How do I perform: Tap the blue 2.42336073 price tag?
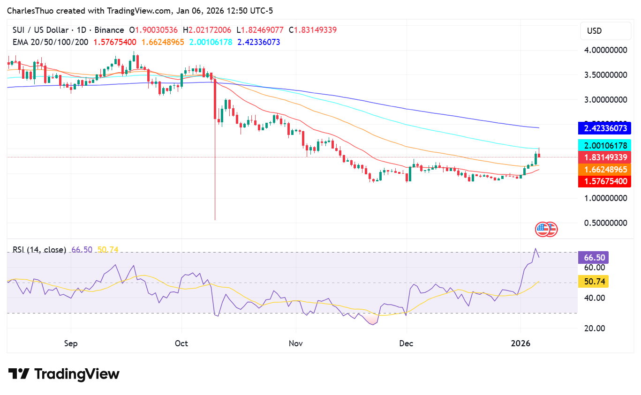[x=604, y=128]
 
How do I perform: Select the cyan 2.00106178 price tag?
[x=604, y=146]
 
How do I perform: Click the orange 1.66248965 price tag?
[x=604, y=169]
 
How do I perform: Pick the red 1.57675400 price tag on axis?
[x=604, y=181]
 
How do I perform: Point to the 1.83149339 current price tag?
[x=604, y=157]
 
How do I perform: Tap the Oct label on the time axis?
[x=181, y=343]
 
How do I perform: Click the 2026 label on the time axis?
[x=520, y=343]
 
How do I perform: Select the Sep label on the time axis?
[x=71, y=343]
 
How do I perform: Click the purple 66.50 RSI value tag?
[x=594, y=257]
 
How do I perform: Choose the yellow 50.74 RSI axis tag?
[x=594, y=282]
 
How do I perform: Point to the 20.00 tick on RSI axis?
[x=594, y=328]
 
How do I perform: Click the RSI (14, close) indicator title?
[x=39, y=250]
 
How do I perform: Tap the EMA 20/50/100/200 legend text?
[x=51, y=42]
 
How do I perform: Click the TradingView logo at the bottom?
[x=64, y=374]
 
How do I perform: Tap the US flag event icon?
[x=543, y=229]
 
